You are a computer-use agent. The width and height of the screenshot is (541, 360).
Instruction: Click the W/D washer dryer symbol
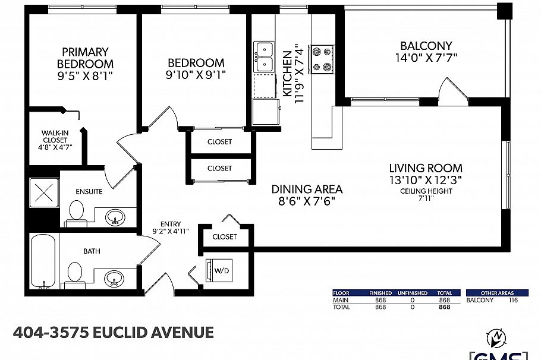[219, 270]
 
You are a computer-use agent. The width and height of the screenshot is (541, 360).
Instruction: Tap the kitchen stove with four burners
[322, 59]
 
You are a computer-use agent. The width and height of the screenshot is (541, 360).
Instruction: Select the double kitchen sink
[264, 56]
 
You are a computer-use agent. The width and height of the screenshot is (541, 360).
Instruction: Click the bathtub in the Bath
[43, 261]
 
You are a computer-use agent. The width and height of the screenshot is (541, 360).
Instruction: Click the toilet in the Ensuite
[76, 213]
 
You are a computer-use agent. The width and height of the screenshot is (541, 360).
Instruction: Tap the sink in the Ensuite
[115, 217]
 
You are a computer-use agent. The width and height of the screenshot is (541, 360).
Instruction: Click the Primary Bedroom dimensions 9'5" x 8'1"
[85, 76]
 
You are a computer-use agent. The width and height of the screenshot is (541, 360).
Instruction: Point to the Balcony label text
[426, 46]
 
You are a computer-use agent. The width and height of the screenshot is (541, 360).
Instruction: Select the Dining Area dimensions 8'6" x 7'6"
[307, 201]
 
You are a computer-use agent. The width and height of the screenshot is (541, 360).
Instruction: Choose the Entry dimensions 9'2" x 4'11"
[170, 232]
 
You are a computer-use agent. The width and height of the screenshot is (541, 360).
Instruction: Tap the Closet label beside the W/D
[224, 236]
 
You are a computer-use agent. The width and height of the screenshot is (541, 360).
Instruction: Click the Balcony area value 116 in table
[513, 301]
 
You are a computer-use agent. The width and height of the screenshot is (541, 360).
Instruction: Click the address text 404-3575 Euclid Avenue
[113, 332]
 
